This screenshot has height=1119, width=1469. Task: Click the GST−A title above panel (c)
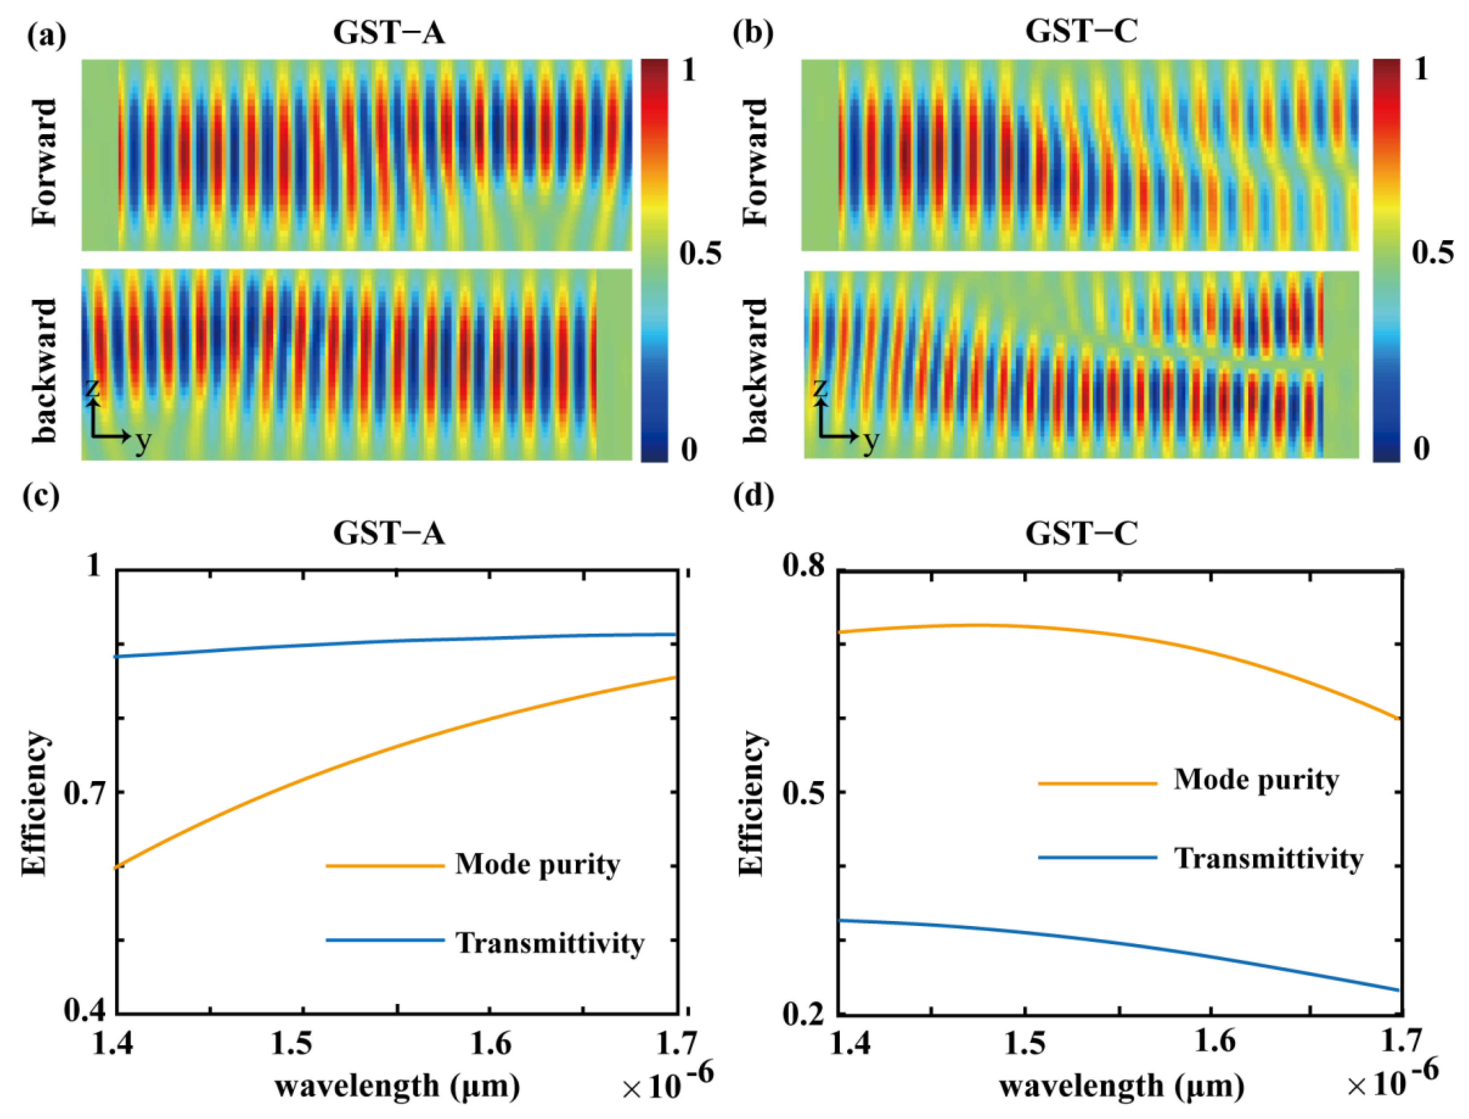point(389,533)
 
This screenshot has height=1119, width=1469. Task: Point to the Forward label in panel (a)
point(46,163)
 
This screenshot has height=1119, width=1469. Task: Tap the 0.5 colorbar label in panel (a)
point(699,253)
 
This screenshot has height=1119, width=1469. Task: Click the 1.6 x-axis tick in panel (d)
point(1214,1041)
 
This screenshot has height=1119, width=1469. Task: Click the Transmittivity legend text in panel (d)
point(1268,859)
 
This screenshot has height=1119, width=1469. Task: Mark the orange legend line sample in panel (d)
point(1097,783)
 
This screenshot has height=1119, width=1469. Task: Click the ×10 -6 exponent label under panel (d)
point(1392,1082)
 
